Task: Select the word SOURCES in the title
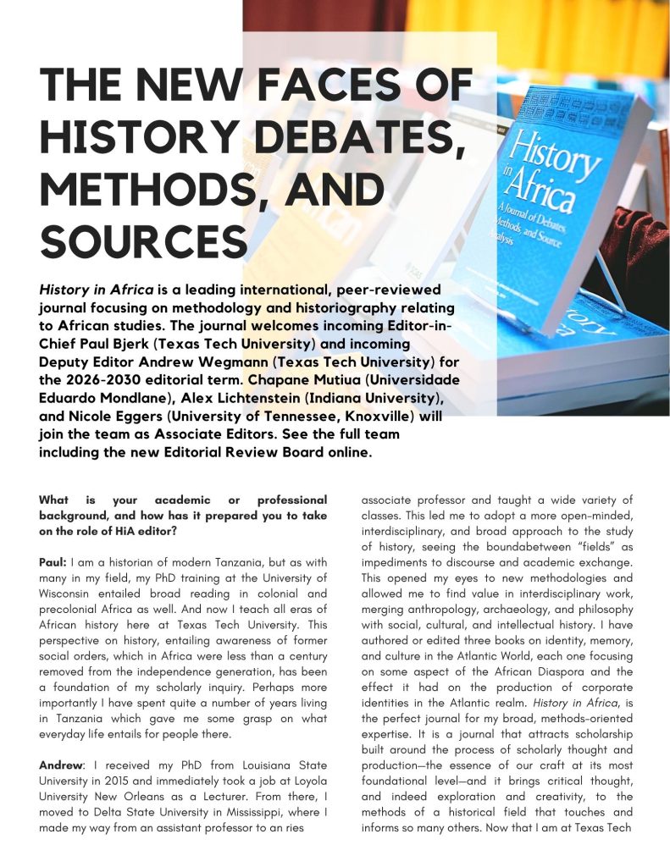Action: click(144, 239)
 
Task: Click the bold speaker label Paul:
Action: click(54, 562)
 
